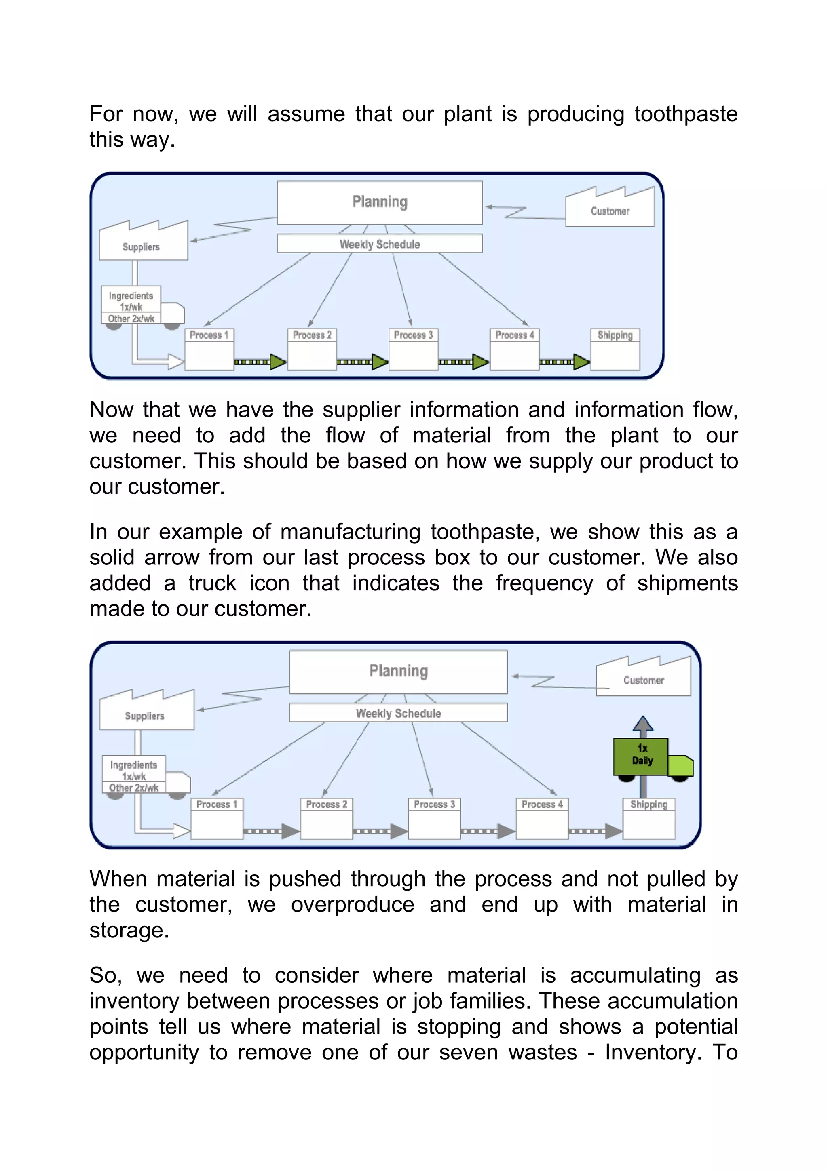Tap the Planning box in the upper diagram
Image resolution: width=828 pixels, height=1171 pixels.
pyautogui.click(x=380, y=202)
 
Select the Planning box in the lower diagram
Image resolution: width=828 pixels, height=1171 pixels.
pyautogui.click(x=399, y=672)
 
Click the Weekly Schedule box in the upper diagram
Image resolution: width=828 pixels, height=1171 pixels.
pyautogui.click(x=380, y=244)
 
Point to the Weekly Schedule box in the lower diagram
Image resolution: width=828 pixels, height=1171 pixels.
pyautogui.click(x=399, y=713)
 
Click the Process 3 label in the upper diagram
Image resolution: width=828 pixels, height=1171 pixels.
pyautogui.click(x=413, y=335)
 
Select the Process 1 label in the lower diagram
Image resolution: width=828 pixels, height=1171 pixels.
pyautogui.click(x=217, y=804)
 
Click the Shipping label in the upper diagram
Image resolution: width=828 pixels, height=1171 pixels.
pyautogui.click(x=615, y=335)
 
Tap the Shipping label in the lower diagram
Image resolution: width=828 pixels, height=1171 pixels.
pyautogui.click(x=649, y=804)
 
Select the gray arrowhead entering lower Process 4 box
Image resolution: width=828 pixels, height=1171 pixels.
pyautogui.click(x=506, y=831)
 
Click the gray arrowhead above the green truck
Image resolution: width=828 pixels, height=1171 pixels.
pyautogui.click(x=643, y=724)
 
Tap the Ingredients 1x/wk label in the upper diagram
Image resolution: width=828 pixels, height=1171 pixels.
pyautogui.click(x=131, y=301)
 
